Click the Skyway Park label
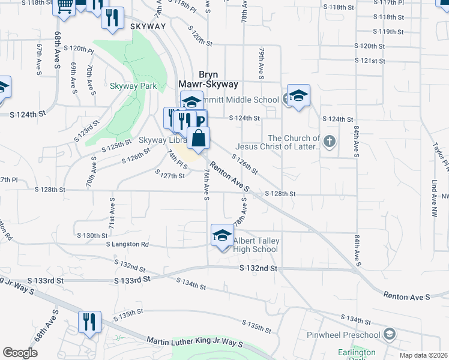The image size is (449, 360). [133, 86]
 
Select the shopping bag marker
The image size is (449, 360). [199, 138]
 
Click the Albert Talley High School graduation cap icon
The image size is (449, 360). [221, 235]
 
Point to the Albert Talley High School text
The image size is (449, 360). [256, 245]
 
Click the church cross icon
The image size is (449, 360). [328, 142]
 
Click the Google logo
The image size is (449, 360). [19, 353]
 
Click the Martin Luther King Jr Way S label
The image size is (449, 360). [194, 342]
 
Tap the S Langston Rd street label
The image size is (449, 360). [127, 244]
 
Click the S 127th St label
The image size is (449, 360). [170, 175]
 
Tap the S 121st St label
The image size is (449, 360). [369, 61]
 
